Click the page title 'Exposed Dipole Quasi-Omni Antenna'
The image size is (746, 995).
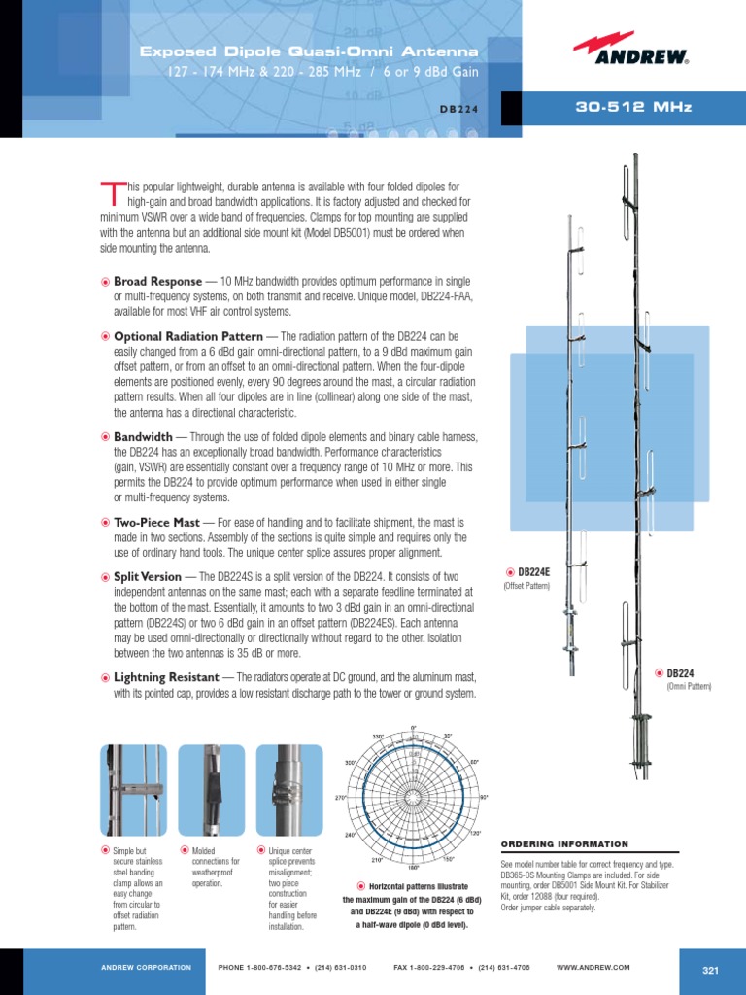(309, 51)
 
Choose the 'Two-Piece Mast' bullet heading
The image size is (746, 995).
(156, 523)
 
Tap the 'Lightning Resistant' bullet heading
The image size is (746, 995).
(167, 677)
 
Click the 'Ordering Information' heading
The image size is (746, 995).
(563, 844)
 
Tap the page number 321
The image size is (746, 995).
(709, 970)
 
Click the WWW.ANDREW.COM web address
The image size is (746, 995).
(593, 968)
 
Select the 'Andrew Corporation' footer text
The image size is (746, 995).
(146, 968)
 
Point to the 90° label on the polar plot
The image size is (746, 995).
(484, 798)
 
